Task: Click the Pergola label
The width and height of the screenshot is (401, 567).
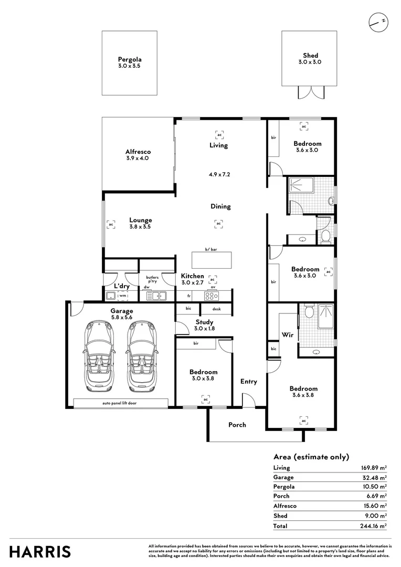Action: [x=129, y=60]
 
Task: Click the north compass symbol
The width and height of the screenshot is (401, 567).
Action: [x=378, y=22]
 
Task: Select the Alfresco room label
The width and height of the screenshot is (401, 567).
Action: [x=138, y=152]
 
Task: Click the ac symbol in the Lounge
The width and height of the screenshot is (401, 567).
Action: [x=111, y=224]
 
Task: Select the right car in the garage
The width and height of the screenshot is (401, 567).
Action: [x=140, y=356]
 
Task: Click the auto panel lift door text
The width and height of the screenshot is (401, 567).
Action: [x=121, y=404]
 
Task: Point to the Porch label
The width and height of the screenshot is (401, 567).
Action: [x=237, y=425]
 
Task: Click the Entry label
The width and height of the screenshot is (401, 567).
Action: [x=249, y=382]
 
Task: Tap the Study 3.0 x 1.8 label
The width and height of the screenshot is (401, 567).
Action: [x=204, y=325]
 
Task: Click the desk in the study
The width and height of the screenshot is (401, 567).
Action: [x=216, y=309]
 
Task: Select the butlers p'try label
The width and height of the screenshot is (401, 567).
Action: [x=152, y=279]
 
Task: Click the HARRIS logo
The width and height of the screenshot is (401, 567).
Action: [x=40, y=552]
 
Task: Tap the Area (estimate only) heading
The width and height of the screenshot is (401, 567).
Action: [x=311, y=457]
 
